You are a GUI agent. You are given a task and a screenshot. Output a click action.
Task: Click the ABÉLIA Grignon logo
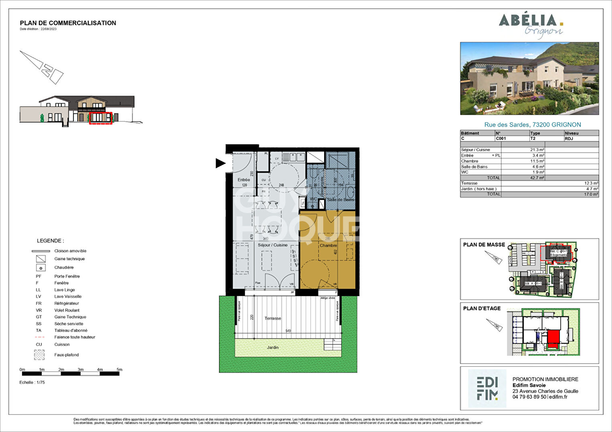pos(531,25)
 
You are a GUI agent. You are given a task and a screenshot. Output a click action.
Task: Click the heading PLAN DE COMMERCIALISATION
pos(68,23)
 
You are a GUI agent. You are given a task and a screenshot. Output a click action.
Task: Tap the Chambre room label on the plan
pos(328,245)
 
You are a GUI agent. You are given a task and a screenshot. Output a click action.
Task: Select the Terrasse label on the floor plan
pos(273,318)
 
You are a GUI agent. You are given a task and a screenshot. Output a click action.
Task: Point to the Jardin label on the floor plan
pos(273,348)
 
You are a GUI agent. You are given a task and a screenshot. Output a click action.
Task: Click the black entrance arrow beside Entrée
pos(220,163)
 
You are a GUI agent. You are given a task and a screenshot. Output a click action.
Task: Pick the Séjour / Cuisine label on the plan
pos(273,245)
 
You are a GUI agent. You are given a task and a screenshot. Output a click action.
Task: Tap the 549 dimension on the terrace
pos(288,331)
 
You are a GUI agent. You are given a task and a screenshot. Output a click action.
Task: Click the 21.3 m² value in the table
pos(537,150)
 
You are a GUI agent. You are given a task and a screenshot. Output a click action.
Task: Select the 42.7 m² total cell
pos(537,178)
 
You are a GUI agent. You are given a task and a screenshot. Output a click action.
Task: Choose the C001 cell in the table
pos(501,139)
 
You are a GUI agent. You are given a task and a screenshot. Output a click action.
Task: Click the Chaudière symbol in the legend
pos(40,267)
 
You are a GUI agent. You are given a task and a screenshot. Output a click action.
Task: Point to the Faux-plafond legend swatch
pos(39,355)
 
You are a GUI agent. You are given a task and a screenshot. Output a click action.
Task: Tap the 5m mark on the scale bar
pos(119,370)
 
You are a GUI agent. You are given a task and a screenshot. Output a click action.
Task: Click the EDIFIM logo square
pos(487,388)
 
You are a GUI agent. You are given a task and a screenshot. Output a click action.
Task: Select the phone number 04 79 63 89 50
pos(529,397)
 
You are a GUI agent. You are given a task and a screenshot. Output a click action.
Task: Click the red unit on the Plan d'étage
pos(553,337)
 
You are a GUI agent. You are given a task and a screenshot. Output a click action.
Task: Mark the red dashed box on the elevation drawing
pos(101,119)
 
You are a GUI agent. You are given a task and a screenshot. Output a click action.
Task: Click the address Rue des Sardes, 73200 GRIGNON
pos(532,125)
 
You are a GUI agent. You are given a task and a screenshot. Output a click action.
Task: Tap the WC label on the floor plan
pos(313,199)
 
